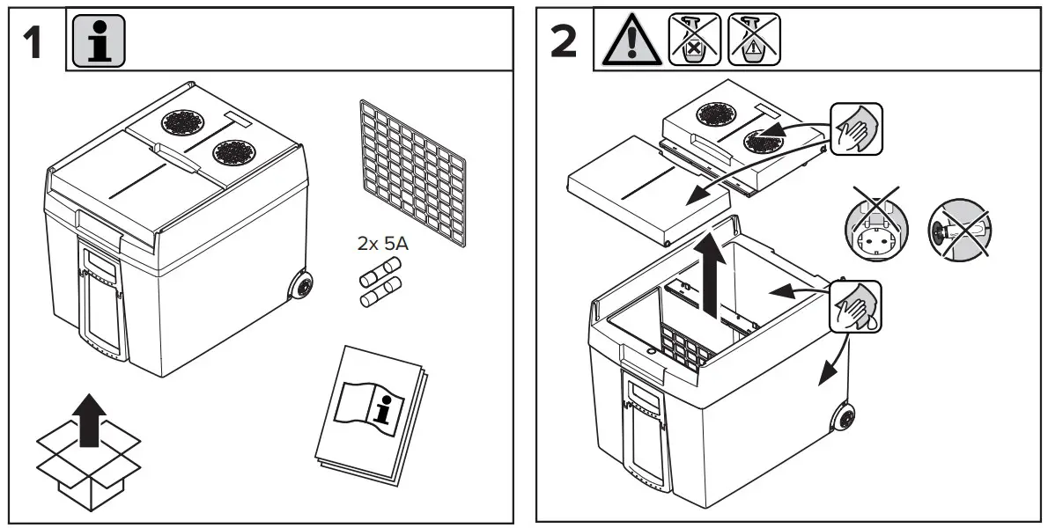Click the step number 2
click(x=564, y=42)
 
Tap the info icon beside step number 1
click(x=98, y=40)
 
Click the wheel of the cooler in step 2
click(x=845, y=417)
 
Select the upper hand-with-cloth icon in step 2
click(x=855, y=128)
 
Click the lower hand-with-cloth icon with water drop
click(x=855, y=304)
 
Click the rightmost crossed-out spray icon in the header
click(x=754, y=40)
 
